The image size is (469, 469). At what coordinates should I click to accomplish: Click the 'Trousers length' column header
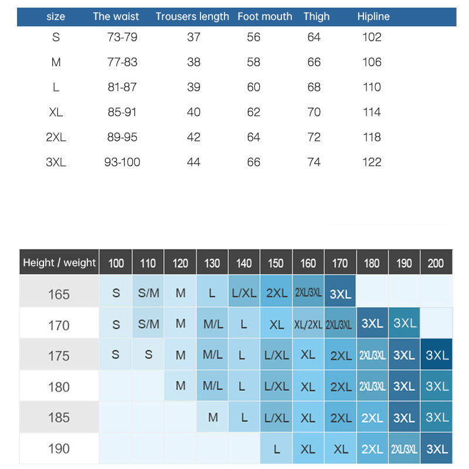click(192, 16)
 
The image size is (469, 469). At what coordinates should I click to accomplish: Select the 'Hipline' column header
click(373, 16)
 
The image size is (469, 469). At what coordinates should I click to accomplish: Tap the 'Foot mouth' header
click(265, 16)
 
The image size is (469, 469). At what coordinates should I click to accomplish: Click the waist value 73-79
click(122, 37)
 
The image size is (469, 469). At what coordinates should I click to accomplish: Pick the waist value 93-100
click(122, 162)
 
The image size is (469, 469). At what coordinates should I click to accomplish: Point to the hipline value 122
click(372, 162)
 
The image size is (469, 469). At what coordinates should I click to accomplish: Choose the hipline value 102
click(372, 37)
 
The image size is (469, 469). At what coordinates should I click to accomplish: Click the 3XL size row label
click(56, 162)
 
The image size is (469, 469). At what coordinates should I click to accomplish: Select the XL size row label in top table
click(56, 112)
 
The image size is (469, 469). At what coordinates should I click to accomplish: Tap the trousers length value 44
click(193, 162)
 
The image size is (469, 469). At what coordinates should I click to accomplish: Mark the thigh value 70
click(314, 112)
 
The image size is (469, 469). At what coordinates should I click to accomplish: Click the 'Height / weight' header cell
click(59, 263)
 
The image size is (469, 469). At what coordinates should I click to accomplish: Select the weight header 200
click(436, 263)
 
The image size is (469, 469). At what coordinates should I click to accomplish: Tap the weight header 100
click(116, 263)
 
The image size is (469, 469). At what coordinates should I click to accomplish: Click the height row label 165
click(59, 294)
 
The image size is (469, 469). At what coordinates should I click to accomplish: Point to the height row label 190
click(59, 448)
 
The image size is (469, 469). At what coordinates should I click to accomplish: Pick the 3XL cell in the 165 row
click(340, 294)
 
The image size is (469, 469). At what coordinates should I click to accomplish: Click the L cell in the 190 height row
click(276, 449)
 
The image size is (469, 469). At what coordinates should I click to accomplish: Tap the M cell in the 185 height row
click(212, 417)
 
